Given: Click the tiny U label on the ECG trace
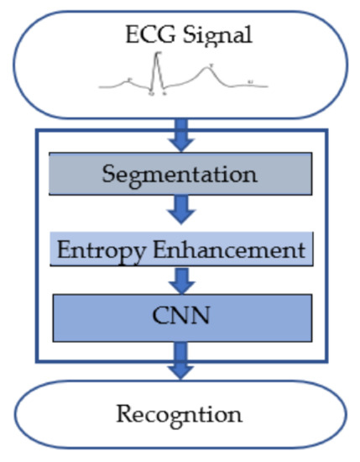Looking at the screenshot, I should [250, 81].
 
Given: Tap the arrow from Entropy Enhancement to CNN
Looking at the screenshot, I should [180, 276].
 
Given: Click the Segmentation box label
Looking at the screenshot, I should [180, 175].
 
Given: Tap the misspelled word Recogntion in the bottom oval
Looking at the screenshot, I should [180, 413].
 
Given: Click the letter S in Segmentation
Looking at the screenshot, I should [108, 175].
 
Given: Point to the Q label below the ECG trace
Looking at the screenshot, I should [151, 95].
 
